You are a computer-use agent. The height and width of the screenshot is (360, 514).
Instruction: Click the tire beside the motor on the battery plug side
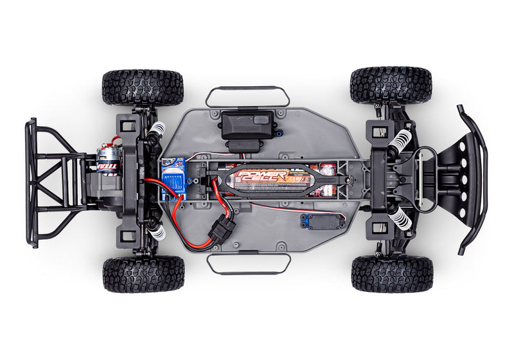pos(143,274)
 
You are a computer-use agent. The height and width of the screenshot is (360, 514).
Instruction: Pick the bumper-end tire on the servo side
pos(392,274)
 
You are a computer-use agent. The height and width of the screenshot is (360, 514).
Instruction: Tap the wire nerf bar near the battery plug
pos(248,264)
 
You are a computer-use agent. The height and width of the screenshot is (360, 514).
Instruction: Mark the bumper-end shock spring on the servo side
pos(400,219)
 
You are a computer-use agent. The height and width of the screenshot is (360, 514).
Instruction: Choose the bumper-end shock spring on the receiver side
pos(400,139)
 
